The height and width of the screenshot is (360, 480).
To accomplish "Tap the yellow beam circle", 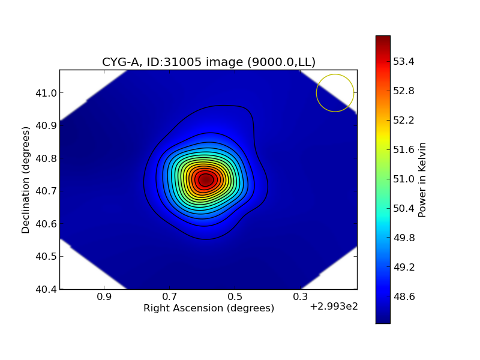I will coord(335,93).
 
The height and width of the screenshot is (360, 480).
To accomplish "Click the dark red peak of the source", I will coord(206,179).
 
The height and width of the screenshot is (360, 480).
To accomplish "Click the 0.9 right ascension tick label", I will coord(104,297).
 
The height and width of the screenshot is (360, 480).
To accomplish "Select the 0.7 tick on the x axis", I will coord(170,297).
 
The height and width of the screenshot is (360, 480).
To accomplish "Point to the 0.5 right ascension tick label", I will coord(235,297).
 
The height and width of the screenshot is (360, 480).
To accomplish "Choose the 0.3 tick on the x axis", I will coord(301,297).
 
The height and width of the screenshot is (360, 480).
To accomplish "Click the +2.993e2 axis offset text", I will coord(334,307).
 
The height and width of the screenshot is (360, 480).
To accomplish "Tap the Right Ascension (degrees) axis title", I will coord(209,308).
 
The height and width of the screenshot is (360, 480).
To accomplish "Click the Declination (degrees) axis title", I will coord(26,179).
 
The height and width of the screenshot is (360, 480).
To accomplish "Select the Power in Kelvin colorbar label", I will coord(422,179).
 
